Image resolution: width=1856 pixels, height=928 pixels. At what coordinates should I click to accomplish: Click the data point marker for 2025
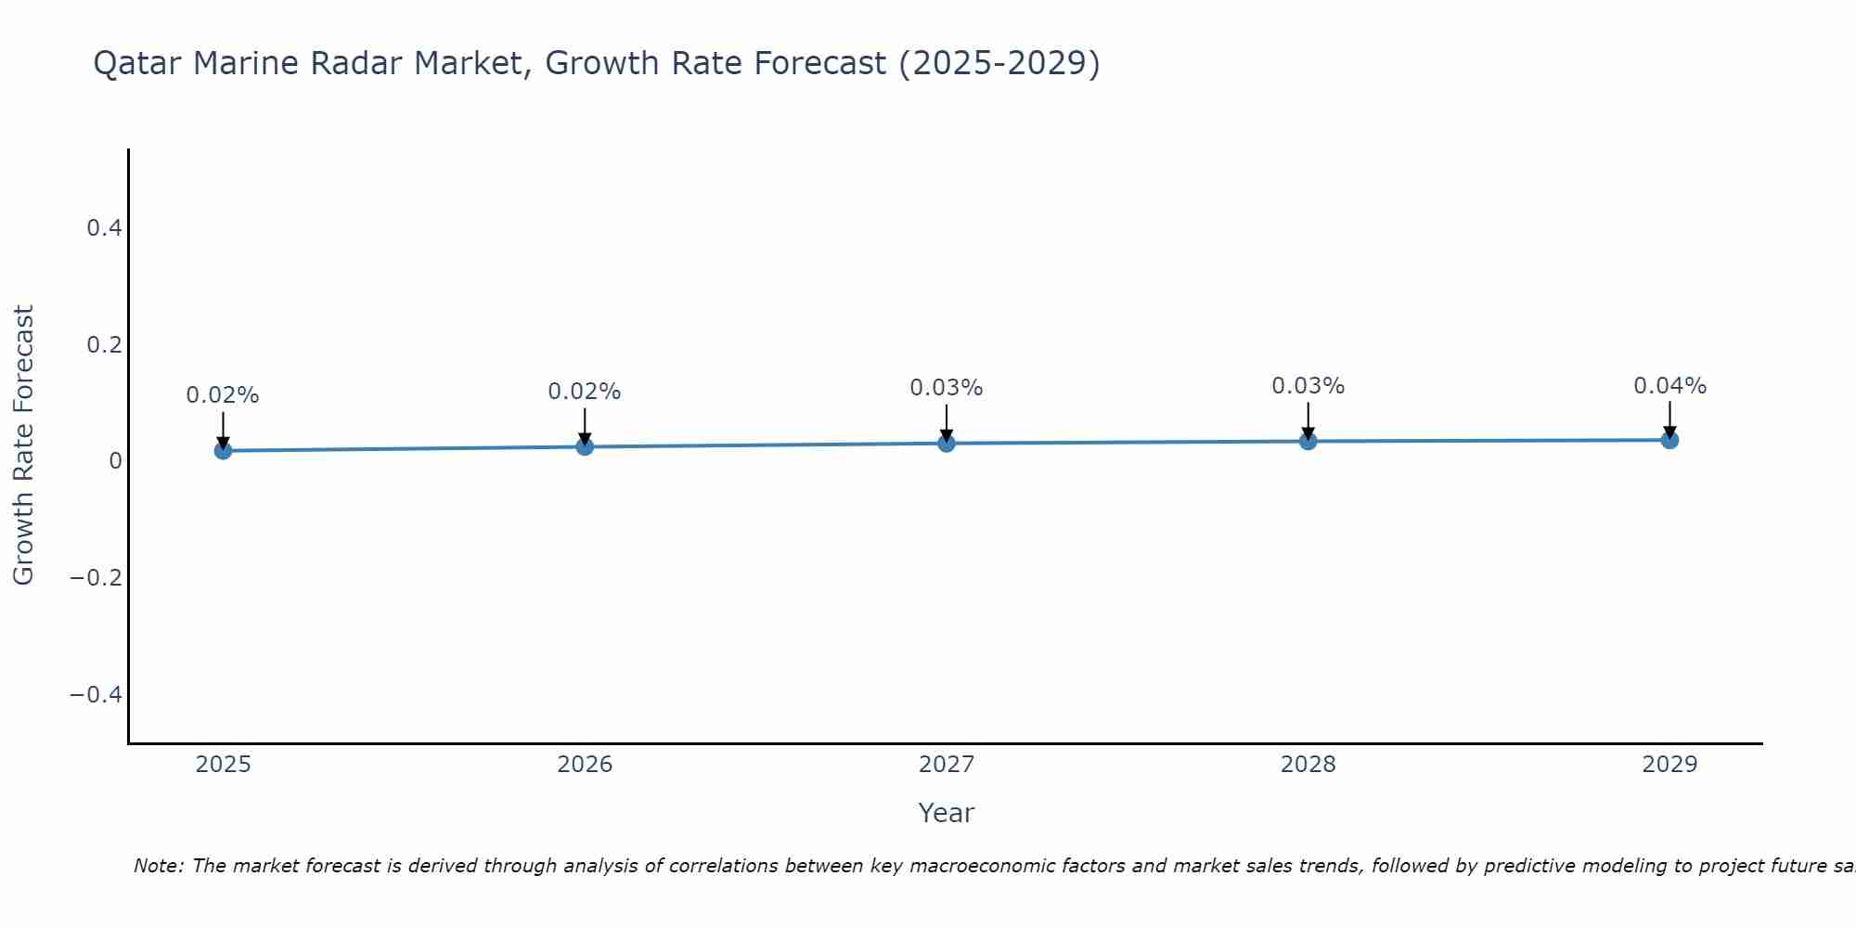(223, 450)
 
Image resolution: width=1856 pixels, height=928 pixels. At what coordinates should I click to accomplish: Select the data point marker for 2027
(946, 444)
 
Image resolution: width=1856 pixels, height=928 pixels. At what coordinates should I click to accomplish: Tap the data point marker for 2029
(1669, 440)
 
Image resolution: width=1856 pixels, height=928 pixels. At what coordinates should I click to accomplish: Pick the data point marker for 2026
(585, 446)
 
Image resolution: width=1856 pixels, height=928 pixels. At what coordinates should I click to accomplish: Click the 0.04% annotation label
(1669, 386)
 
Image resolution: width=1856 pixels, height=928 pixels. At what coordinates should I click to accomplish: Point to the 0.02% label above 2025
(223, 395)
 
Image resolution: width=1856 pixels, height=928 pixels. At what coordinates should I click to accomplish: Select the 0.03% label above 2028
(1308, 386)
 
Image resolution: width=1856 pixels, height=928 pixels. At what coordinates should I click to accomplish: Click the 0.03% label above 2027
(946, 388)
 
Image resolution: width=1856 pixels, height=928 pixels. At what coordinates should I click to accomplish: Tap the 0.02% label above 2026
(585, 392)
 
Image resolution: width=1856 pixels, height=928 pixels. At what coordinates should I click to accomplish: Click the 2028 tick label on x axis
(1308, 765)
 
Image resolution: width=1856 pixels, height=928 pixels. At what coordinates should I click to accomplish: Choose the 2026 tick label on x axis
(585, 765)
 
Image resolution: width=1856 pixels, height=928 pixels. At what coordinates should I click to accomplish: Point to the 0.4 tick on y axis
(104, 227)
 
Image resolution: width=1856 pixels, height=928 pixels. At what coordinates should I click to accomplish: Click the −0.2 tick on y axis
(96, 577)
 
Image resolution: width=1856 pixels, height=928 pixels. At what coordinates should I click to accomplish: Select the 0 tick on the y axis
(115, 461)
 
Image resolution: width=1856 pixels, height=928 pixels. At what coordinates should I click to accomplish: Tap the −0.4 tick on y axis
(96, 694)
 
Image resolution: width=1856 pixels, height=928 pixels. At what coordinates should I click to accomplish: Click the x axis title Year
(946, 813)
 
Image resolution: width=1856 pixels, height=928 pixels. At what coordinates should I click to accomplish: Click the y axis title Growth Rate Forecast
(23, 445)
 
